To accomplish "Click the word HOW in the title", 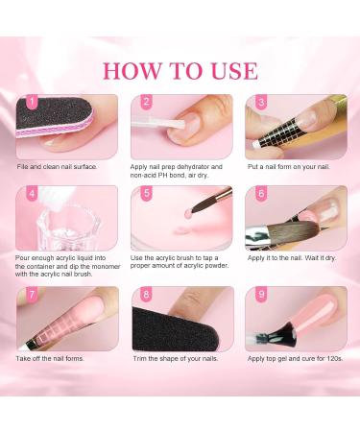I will coord(132,70).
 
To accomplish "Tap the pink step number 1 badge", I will coord(32,101).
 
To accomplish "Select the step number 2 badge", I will coord(147,101).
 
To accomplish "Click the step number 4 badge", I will coord(32,195).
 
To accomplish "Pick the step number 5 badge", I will coord(147,195).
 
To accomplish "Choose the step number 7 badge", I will coord(32,294).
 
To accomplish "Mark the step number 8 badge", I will coord(147,294).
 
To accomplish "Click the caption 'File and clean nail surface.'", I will coord(58,166).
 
